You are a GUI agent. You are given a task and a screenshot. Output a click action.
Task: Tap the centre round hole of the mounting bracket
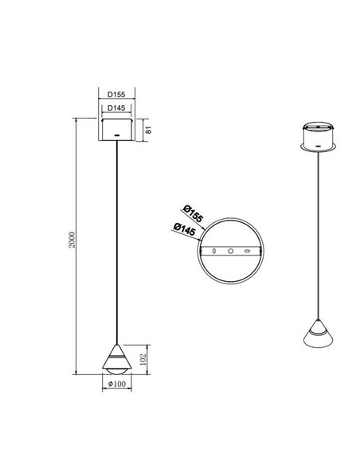(x=230, y=252)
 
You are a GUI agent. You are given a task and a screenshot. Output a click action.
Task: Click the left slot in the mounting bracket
(x=213, y=252)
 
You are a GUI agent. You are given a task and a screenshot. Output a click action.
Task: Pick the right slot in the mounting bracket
(x=248, y=252)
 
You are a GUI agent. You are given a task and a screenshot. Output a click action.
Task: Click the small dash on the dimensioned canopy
(x=117, y=138)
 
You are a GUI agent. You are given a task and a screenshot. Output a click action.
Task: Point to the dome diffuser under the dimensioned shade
(x=117, y=367)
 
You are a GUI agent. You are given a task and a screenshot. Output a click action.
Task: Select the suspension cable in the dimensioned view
(x=117, y=239)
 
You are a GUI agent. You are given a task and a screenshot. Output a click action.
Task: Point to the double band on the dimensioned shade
(x=117, y=360)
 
